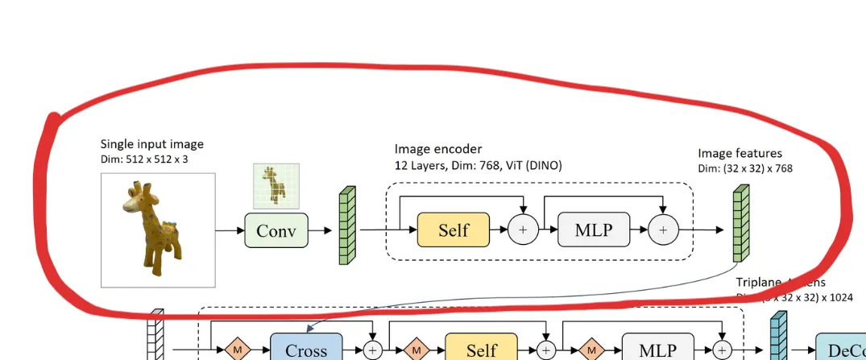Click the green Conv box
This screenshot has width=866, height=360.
click(x=276, y=231)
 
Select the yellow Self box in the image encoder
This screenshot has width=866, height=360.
click(x=454, y=230)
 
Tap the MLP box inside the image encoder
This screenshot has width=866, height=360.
click(x=593, y=230)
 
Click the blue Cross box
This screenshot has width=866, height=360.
click(x=306, y=349)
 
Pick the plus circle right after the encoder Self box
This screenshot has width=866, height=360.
click(x=522, y=230)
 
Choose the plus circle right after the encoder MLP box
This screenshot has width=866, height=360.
click(x=663, y=230)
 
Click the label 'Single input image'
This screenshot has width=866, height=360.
click(x=151, y=144)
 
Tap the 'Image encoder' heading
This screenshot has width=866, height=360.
click(x=438, y=149)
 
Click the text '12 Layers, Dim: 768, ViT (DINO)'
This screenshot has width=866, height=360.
click(x=478, y=165)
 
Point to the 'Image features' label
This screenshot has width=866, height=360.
click(x=740, y=153)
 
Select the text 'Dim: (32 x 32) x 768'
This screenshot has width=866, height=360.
click(x=746, y=168)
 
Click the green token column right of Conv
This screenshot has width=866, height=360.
click(x=346, y=226)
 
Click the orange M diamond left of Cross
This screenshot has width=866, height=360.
click(x=238, y=350)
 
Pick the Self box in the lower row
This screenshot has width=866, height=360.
click(x=481, y=350)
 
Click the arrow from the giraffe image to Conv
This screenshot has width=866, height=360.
click(x=229, y=231)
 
